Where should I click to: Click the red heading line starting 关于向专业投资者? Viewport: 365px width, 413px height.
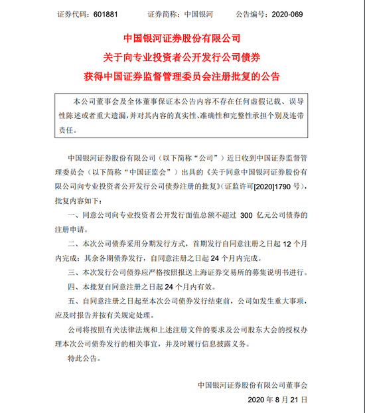tap(182, 55)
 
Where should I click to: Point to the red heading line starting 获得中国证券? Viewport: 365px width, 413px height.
tap(182, 73)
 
